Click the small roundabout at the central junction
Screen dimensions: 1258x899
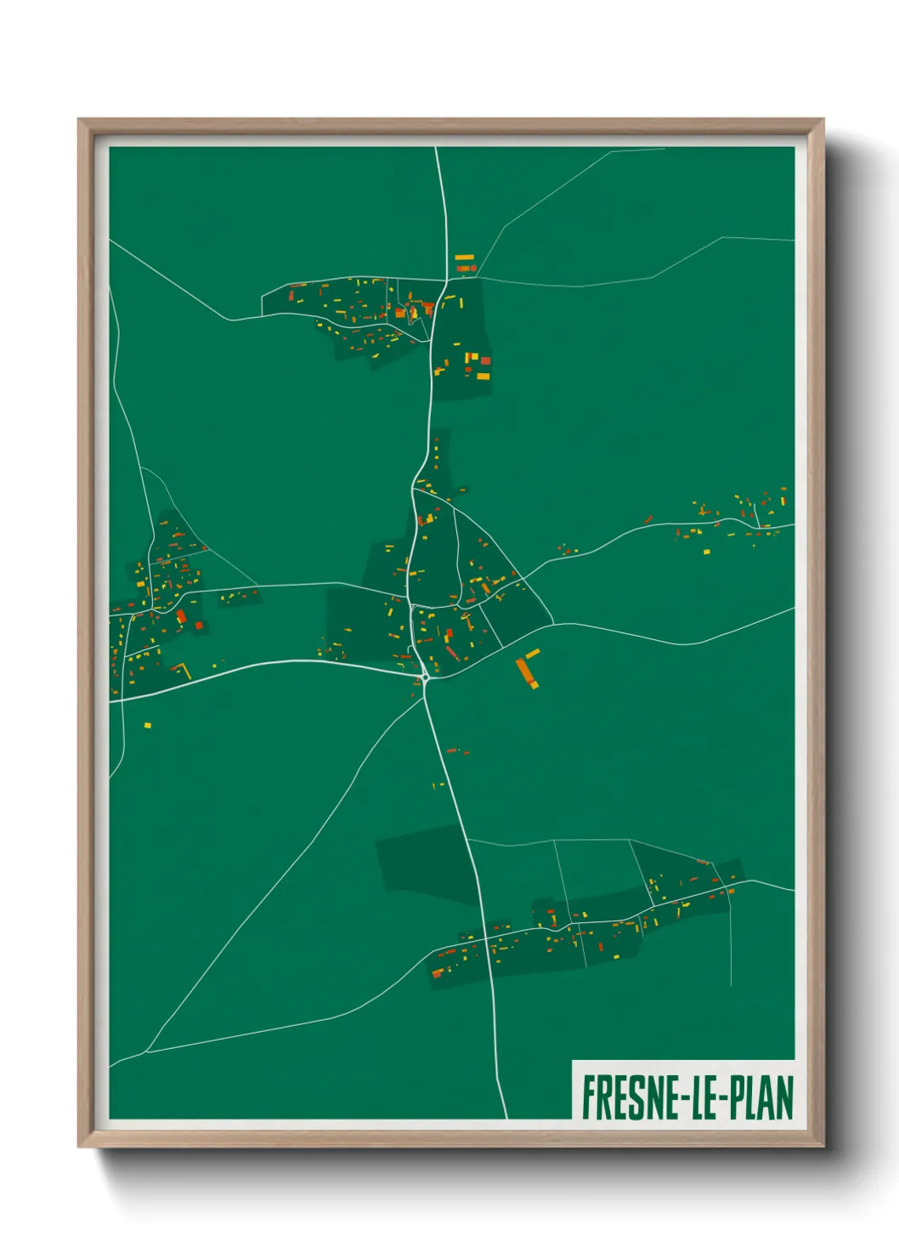(x=425, y=677)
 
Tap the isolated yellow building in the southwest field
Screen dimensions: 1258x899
(x=147, y=725)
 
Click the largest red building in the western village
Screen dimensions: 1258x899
(x=181, y=616)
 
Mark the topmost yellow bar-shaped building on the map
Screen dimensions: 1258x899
(x=464, y=257)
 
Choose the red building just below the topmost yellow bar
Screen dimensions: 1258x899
(x=464, y=269)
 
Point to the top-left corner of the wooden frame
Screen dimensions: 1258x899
(x=79, y=120)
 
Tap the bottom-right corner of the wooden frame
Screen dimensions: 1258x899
(x=823, y=1146)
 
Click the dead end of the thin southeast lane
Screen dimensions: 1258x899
(x=732, y=986)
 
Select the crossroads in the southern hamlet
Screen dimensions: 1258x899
(x=486, y=939)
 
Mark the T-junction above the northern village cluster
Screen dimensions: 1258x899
(x=447, y=280)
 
